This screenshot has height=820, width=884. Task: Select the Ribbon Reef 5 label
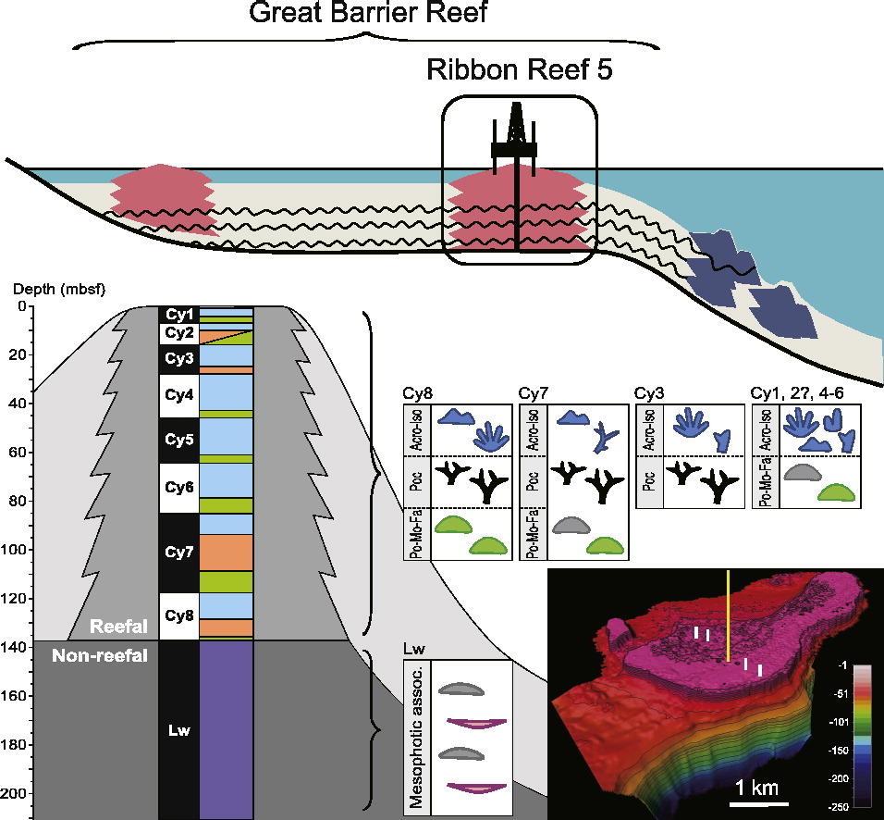[519, 69]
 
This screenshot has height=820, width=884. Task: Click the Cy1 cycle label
[178, 315]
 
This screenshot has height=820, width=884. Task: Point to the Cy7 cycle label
[178, 553]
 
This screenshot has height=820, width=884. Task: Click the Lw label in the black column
[178, 730]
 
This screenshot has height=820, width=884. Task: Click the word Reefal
[117, 627]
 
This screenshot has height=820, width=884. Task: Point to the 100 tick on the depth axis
[18, 551]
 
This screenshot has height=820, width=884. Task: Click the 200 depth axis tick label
[18, 794]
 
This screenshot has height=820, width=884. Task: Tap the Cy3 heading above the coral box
[649, 392]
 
